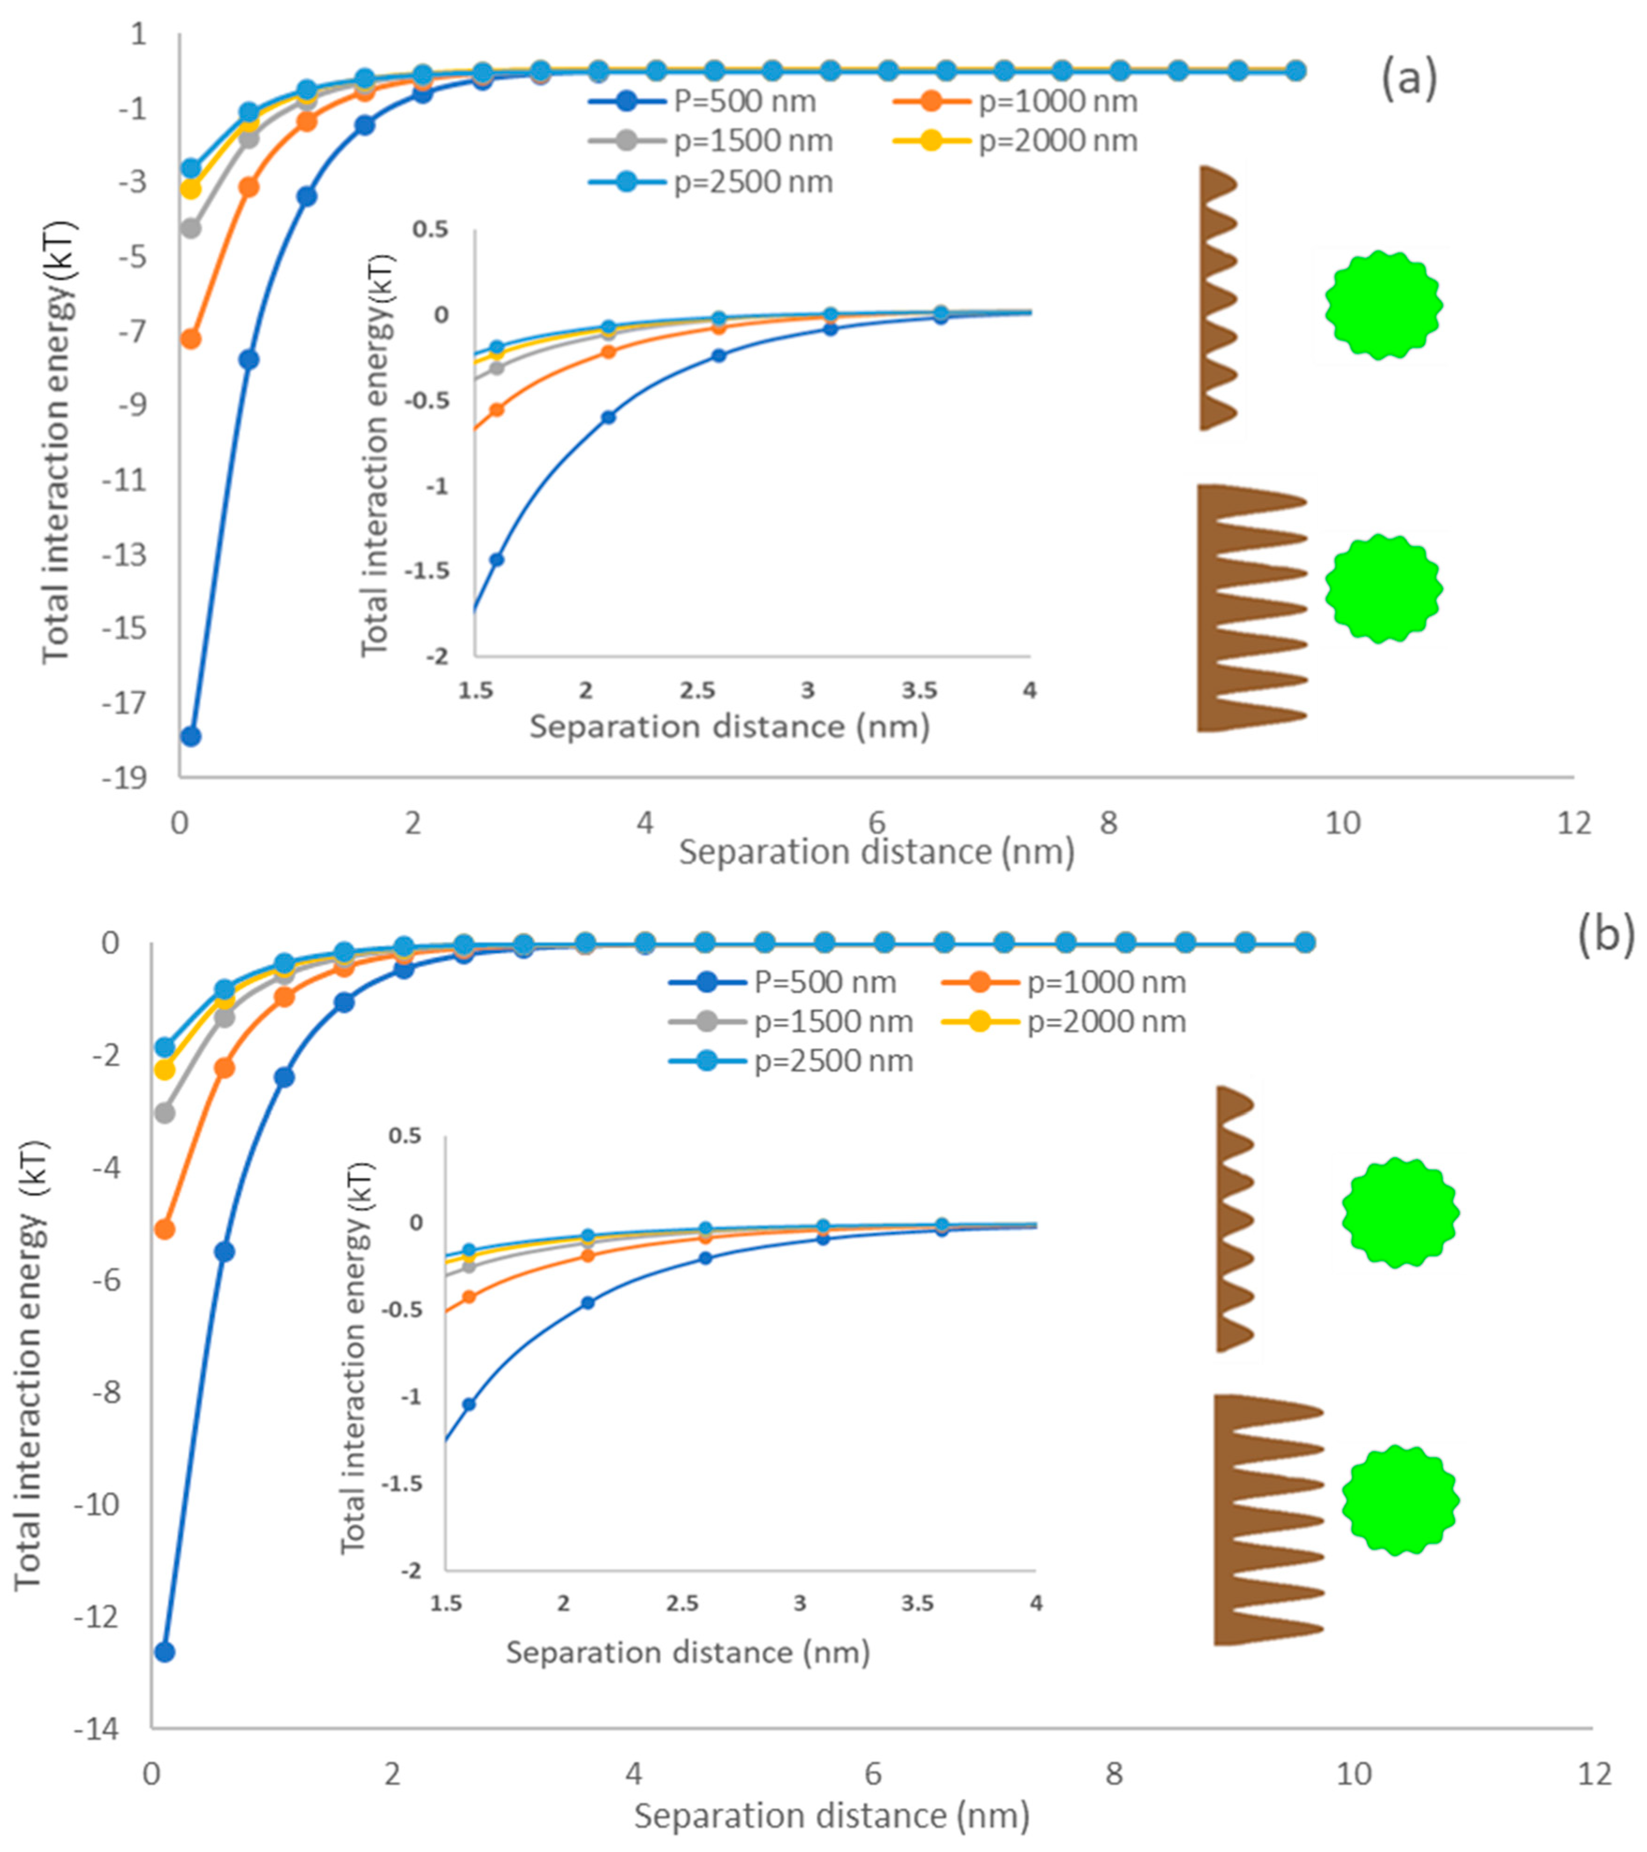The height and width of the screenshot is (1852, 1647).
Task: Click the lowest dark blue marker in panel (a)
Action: pyautogui.click(x=191, y=736)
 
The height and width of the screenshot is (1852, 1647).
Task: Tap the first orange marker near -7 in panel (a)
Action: pyautogui.click(x=191, y=339)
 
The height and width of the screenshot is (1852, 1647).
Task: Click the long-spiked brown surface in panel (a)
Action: pyautogui.click(x=1246, y=607)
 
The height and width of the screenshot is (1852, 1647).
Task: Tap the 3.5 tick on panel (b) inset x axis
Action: pyautogui.click(x=918, y=1604)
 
